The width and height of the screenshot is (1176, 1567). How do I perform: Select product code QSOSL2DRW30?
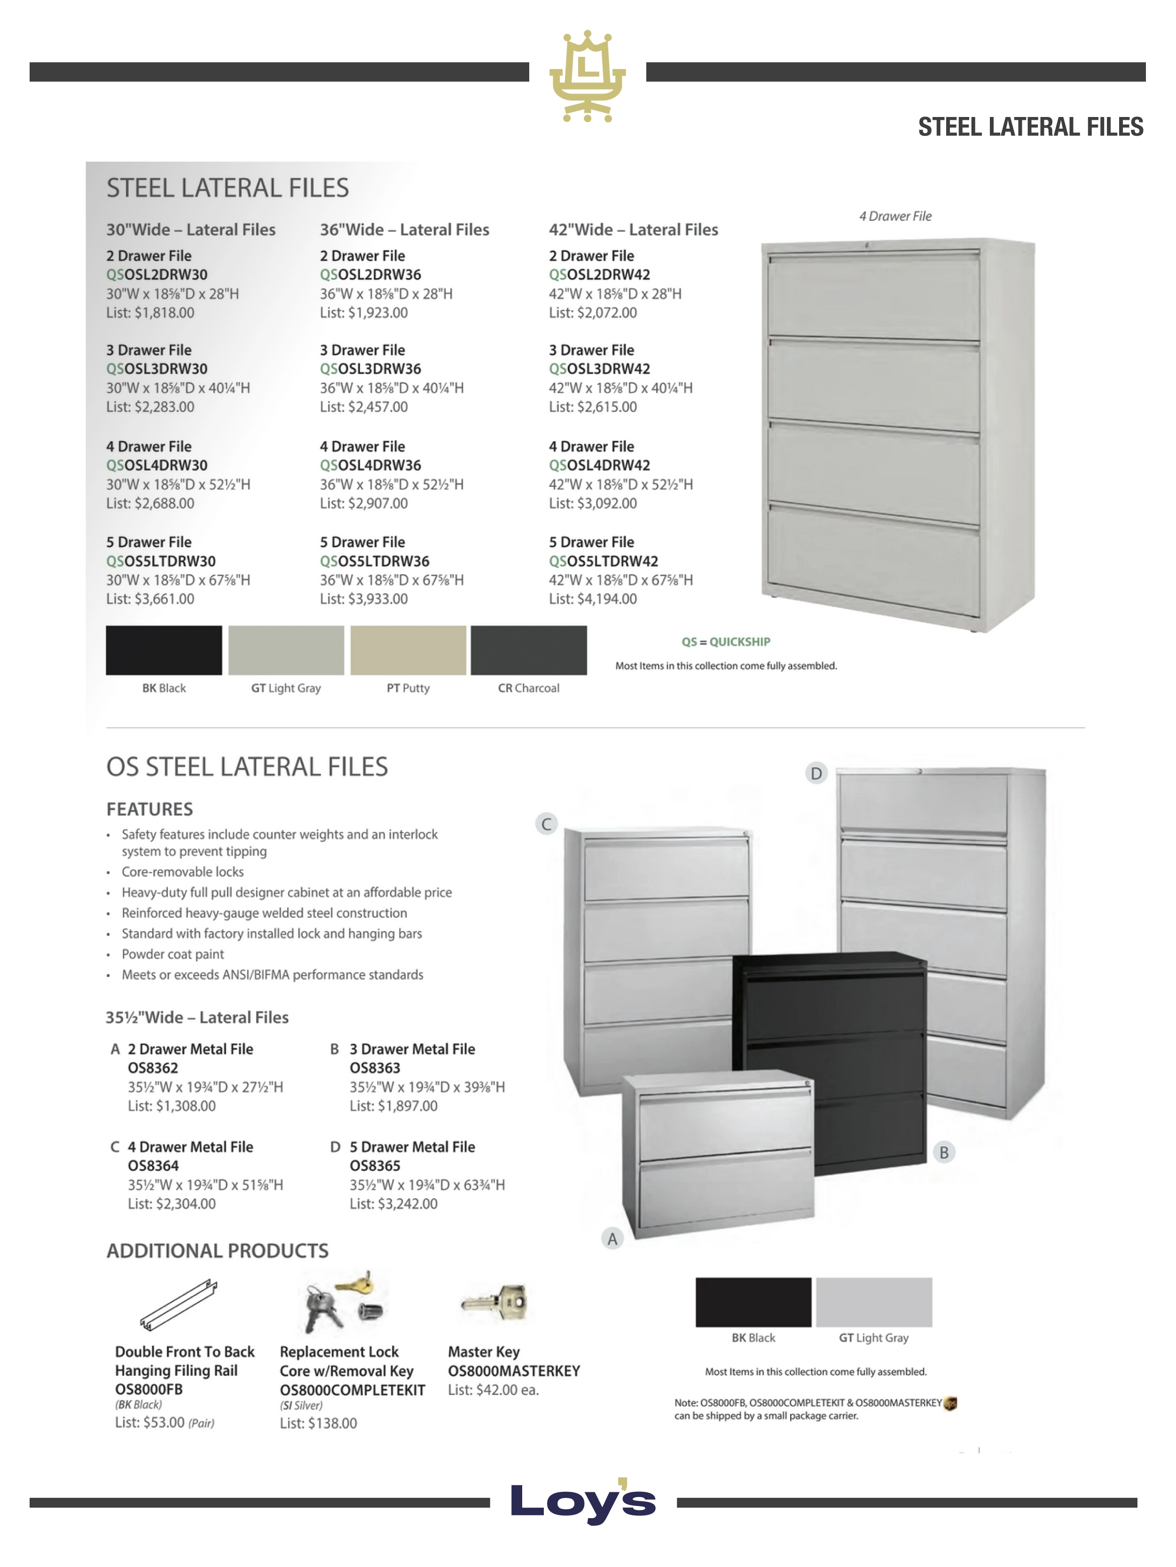point(157,275)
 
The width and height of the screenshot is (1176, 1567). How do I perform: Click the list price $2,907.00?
point(364,504)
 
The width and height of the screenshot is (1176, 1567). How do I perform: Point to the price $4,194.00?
point(593,600)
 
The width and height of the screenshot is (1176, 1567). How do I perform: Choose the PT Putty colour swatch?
point(408,650)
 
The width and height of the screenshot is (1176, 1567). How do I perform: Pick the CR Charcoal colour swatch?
point(528,650)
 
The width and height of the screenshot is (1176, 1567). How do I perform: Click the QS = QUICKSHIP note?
point(725,642)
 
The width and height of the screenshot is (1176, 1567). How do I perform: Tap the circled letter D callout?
point(816,773)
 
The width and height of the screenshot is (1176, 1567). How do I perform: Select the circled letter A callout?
point(612,1238)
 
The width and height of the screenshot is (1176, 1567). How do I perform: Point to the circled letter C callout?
point(546,824)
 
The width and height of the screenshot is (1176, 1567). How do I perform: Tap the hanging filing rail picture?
point(179,1305)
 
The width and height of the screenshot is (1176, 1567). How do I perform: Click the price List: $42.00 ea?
point(494,1390)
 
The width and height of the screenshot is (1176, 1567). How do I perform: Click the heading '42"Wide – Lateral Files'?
point(633,229)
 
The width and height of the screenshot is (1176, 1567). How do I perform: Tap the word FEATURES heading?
point(149,809)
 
